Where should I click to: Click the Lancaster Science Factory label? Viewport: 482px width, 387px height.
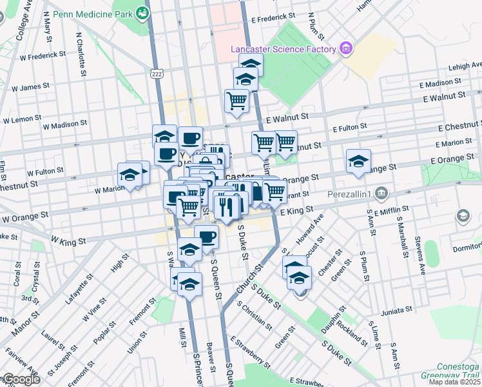tap(284, 50)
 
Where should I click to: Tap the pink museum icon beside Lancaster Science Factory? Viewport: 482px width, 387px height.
tap(346, 48)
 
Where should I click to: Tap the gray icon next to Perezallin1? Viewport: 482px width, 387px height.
tap(381, 193)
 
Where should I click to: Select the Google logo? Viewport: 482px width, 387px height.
tap(21, 379)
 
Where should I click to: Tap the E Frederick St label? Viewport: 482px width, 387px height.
tap(273, 15)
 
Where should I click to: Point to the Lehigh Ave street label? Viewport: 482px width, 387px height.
tap(466, 65)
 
